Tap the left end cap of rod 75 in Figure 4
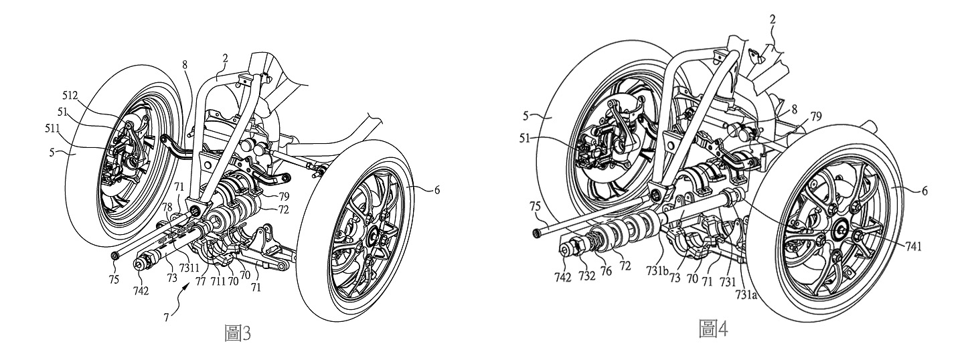click(x=537, y=234)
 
